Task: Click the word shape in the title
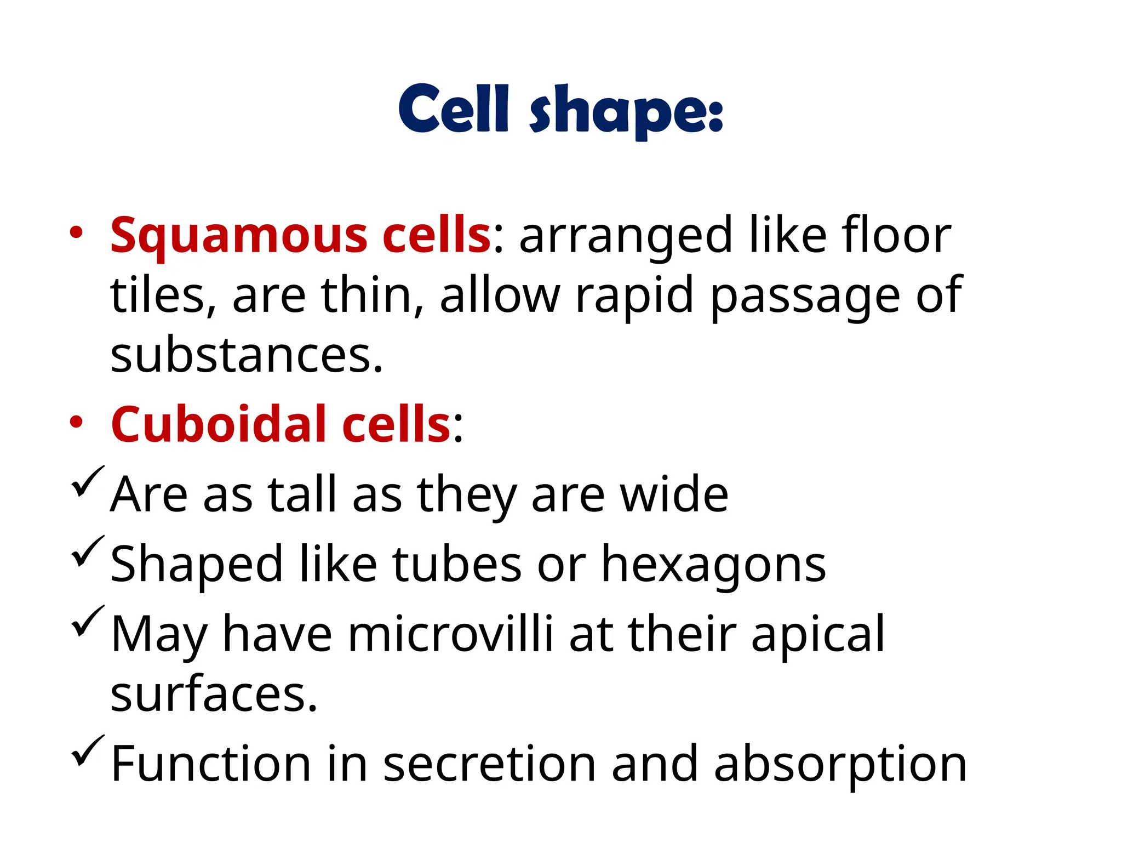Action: click(x=620, y=112)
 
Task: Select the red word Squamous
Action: click(x=238, y=236)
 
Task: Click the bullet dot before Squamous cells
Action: click(x=76, y=232)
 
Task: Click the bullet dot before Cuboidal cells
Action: click(x=76, y=422)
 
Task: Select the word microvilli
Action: click(x=450, y=634)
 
